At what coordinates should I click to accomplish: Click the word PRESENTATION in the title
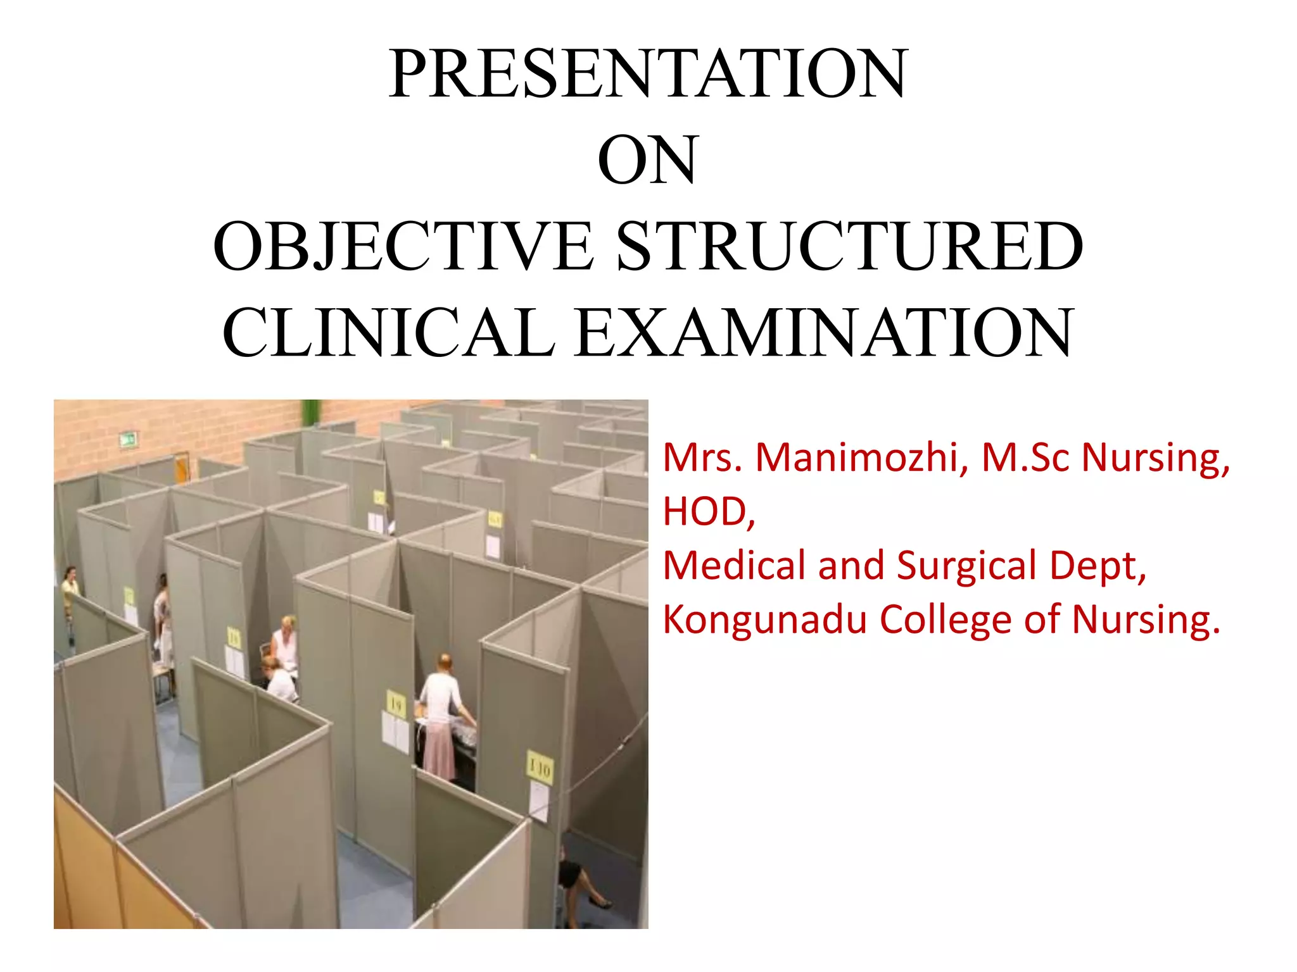click(x=648, y=74)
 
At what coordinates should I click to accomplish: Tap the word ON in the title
click(x=647, y=161)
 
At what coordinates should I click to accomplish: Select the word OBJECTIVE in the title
click(x=403, y=247)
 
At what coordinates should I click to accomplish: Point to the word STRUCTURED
click(x=850, y=247)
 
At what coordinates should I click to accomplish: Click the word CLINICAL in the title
click(x=388, y=333)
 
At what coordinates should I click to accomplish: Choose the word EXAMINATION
click(x=825, y=333)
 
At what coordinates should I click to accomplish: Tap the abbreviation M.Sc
click(x=1027, y=458)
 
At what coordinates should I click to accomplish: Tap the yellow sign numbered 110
click(x=540, y=768)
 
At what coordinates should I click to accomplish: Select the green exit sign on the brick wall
click(x=127, y=439)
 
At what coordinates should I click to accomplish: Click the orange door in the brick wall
click(x=182, y=468)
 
